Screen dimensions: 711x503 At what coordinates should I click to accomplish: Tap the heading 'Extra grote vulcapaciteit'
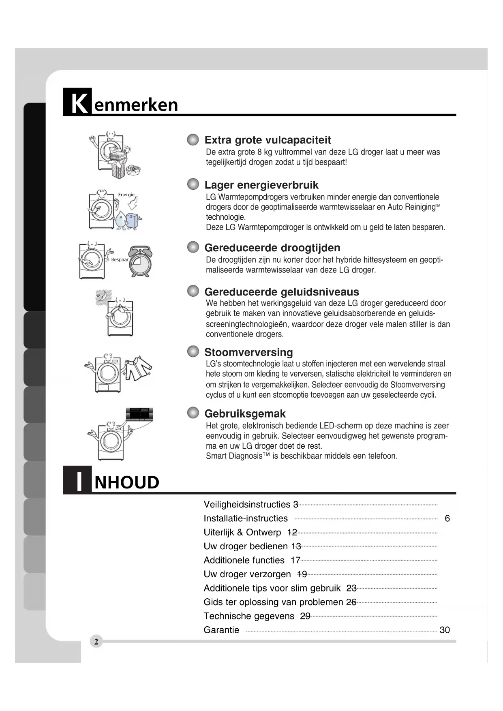[268, 140]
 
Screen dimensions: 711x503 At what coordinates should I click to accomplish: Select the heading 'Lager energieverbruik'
[261, 185]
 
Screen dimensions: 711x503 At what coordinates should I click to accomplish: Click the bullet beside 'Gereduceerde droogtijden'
[193, 247]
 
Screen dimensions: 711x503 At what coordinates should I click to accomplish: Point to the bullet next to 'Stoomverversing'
[193, 351]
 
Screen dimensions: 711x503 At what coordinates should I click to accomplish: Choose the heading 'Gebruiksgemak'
[245, 414]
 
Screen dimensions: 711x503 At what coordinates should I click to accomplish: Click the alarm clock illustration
[140, 262]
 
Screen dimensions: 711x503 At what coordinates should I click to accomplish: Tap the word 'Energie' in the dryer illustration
[126, 195]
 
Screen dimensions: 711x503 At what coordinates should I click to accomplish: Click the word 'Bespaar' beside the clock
[120, 260]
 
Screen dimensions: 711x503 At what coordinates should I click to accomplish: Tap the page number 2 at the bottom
[96, 642]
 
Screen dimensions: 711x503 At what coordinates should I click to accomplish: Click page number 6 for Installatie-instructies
[447, 518]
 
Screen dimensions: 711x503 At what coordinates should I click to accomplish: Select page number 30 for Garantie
[445, 630]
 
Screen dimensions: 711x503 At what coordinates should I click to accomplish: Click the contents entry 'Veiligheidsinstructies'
[247, 505]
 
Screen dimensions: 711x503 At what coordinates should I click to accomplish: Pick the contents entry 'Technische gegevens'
[249, 616]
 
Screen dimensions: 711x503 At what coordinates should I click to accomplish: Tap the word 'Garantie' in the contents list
[221, 630]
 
